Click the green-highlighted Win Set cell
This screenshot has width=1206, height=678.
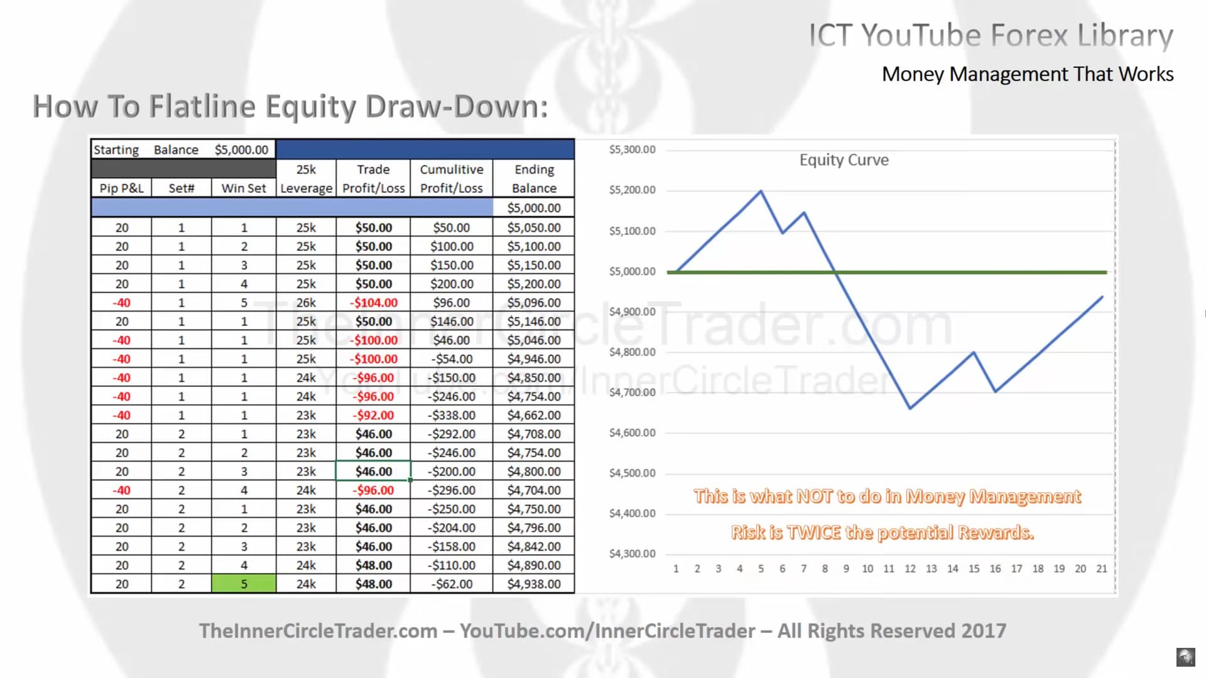(244, 584)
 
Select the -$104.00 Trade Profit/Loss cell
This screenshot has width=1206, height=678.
(374, 303)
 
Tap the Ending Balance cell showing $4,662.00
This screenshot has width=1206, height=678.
(534, 415)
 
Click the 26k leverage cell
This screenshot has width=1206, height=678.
(306, 303)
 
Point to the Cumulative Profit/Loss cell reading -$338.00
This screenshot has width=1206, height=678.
(452, 415)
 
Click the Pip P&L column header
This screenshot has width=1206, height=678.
(121, 188)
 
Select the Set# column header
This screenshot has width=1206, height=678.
(182, 188)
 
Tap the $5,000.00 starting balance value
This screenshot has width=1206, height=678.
(241, 150)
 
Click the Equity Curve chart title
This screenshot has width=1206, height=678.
(844, 160)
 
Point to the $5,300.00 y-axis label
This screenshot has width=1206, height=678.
(632, 149)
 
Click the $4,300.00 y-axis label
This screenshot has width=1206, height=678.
(632, 554)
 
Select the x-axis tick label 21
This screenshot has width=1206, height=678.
(1102, 569)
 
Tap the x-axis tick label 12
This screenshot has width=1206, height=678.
(910, 569)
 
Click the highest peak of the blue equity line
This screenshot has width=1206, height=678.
(761, 191)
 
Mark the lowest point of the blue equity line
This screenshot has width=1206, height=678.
(910, 409)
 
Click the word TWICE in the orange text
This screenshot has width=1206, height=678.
(814, 533)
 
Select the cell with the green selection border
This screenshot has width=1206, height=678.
(374, 471)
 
